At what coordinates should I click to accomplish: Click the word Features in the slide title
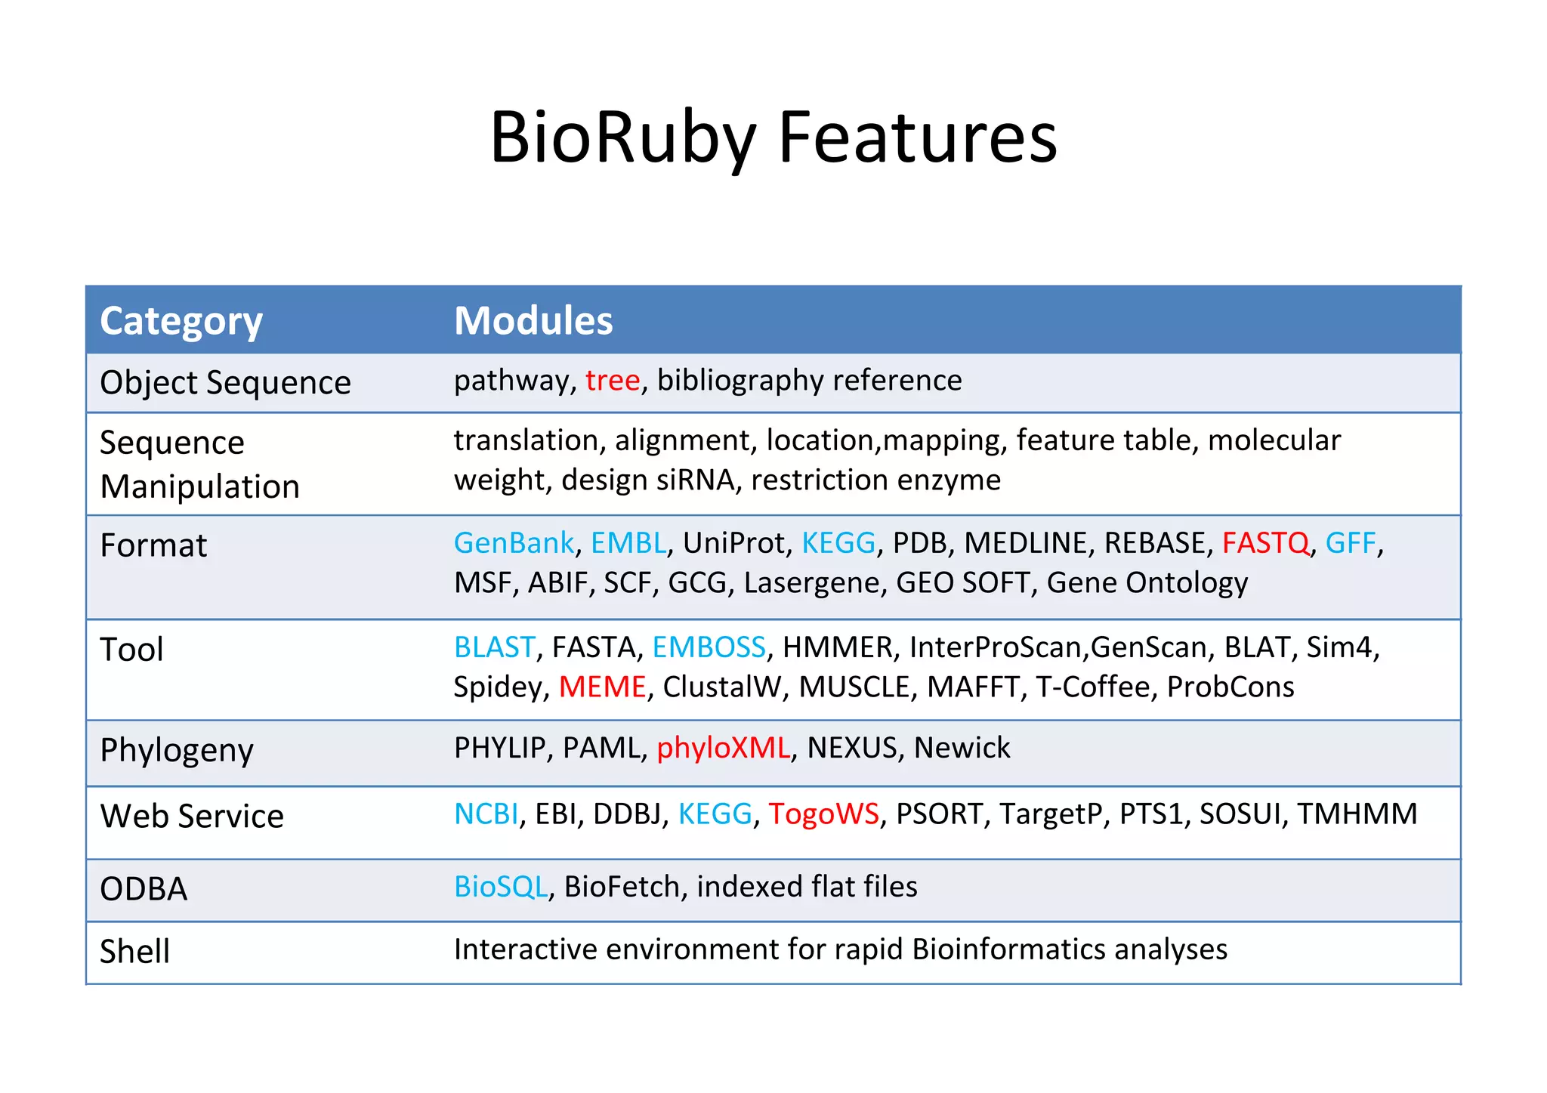[917, 137]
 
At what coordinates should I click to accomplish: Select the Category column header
[181, 321]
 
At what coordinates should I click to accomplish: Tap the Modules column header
[533, 321]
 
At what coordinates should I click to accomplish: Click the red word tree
[613, 380]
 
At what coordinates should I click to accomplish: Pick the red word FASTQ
[1265, 543]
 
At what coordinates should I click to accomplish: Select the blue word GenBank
[514, 543]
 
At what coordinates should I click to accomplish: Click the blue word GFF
[1350, 543]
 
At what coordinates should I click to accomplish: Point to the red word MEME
[602, 687]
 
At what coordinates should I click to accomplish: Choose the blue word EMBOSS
[709, 647]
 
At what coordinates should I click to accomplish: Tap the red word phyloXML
[723, 748]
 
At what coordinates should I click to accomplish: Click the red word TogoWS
[823, 814]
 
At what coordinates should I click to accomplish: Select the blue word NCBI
[486, 814]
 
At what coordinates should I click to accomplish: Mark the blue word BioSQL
[501, 887]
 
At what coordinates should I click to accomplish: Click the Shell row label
[134, 951]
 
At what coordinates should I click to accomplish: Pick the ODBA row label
[144, 889]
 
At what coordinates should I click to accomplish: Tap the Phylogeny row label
[177, 751]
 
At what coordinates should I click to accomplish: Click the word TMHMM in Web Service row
[1357, 814]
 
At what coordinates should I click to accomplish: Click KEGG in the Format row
[838, 543]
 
